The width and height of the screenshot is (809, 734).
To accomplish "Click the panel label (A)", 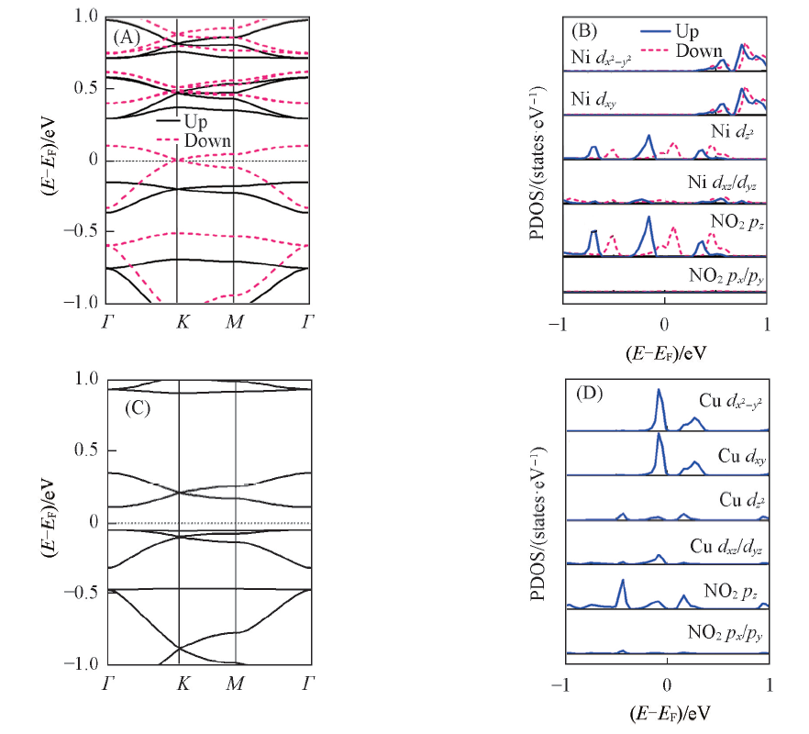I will [126, 38].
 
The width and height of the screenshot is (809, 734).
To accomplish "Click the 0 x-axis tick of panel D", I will [667, 684].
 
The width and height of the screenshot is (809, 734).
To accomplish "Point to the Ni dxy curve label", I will [593, 98].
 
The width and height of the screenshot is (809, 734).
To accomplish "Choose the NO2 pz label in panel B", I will [737, 221].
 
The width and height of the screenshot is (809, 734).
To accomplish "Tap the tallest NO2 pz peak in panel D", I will [623, 581].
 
